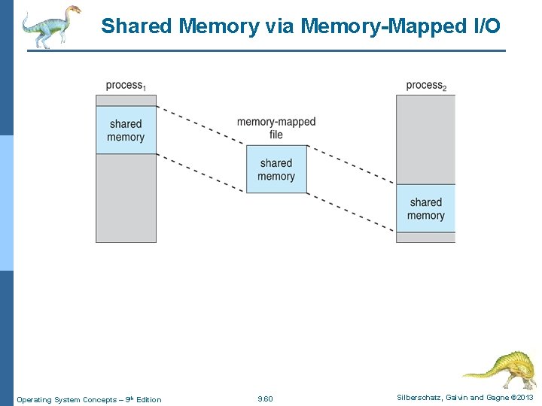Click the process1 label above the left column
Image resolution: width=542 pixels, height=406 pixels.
pos(125,86)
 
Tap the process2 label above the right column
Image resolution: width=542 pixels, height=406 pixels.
pos(426,86)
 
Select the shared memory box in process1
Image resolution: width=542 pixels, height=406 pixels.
pos(126,130)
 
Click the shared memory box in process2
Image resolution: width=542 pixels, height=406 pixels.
pos(426,208)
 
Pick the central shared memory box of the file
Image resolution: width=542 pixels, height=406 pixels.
pos(276,169)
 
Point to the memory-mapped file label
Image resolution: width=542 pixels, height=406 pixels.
pos(276,128)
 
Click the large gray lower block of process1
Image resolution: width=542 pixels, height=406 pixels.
pos(126,198)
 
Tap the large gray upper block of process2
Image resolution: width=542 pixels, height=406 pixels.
pos(426,139)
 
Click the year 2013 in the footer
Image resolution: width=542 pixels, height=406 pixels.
pos(524,398)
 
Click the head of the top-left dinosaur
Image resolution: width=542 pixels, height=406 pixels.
pos(73,11)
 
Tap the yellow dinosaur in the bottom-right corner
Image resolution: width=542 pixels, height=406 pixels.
pos(501,368)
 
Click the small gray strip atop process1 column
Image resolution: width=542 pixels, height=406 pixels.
pos(126,100)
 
